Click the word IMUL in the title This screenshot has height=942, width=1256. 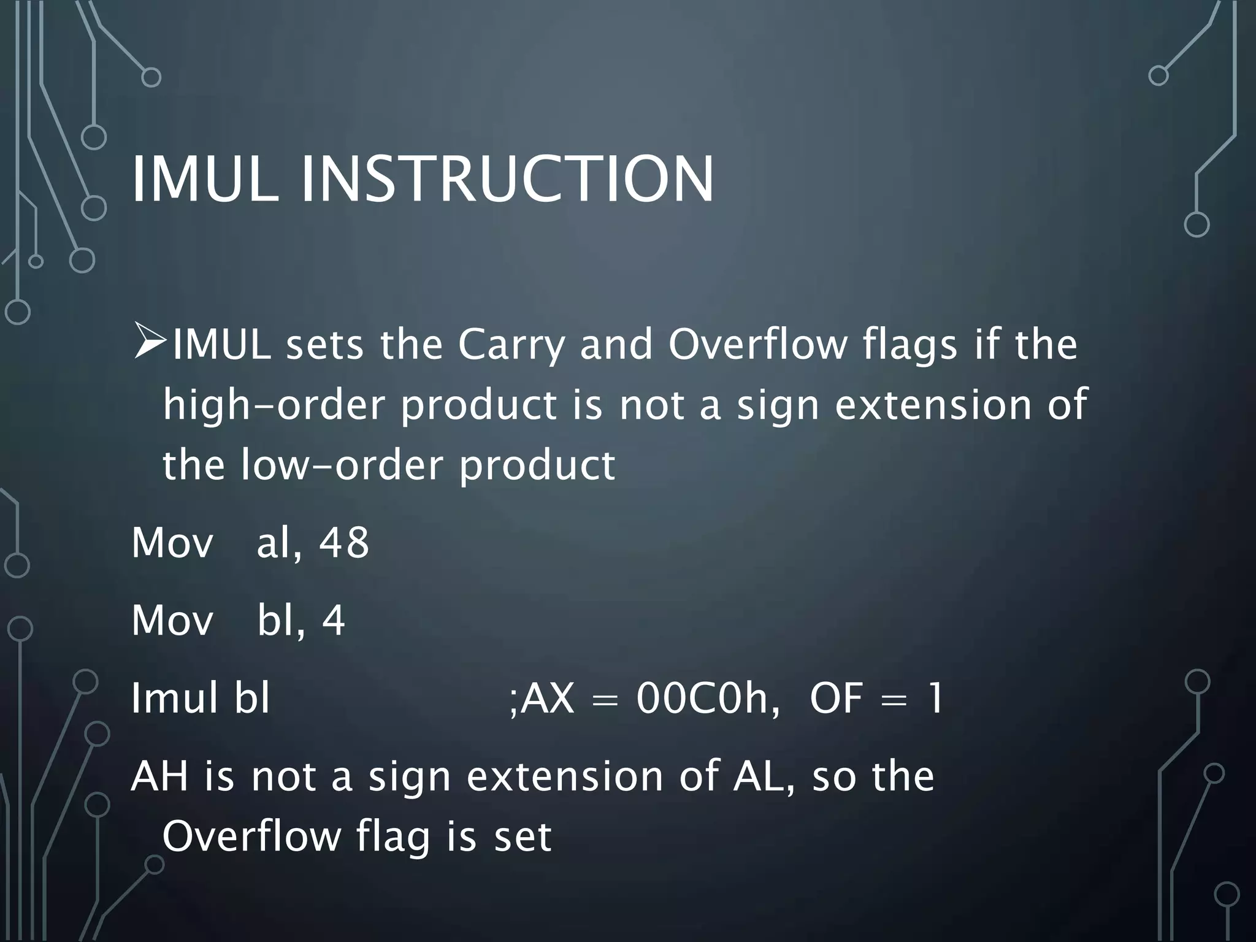pyautogui.click(x=205, y=179)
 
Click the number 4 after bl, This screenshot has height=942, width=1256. pyautogui.click(x=333, y=620)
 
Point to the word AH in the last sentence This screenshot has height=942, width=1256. pyautogui.click(x=159, y=776)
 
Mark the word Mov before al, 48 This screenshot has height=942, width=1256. pyautogui.click(x=172, y=542)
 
